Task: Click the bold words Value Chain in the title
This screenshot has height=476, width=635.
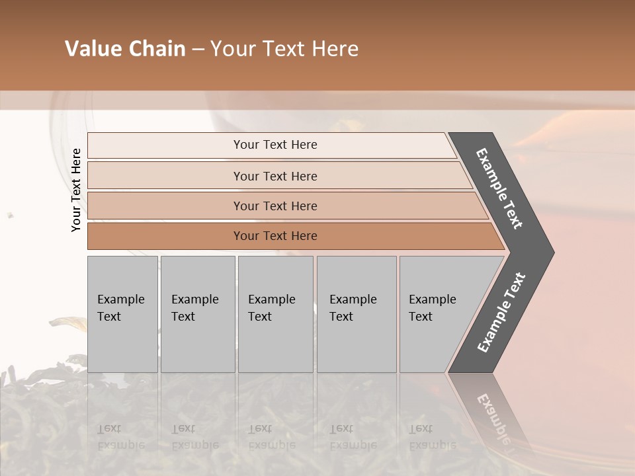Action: (x=125, y=49)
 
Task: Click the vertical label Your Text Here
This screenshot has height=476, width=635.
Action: (x=76, y=190)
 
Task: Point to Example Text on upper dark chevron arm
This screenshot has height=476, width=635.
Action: (x=500, y=188)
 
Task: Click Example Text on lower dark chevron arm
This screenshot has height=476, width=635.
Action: (x=501, y=313)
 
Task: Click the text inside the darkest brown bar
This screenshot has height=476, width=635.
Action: (x=275, y=236)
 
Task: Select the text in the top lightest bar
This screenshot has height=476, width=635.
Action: (x=275, y=145)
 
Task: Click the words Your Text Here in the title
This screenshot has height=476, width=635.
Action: (x=284, y=49)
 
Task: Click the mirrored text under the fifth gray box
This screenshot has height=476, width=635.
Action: (x=432, y=437)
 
